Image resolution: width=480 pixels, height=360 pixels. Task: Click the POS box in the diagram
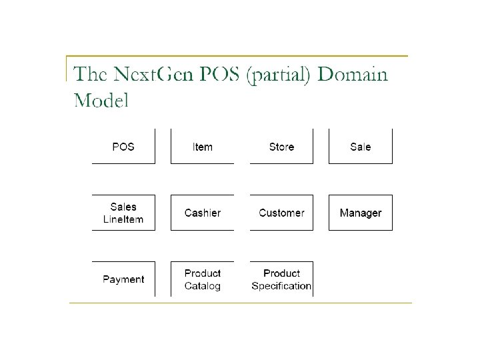(x=123, y=147)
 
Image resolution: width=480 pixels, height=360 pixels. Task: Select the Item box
(x=202, y=147)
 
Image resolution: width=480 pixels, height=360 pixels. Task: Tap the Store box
(x=281, y=147)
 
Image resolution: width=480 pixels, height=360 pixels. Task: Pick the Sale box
(x=360, y=147)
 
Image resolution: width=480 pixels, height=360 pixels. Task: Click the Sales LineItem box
(x=123, y=213)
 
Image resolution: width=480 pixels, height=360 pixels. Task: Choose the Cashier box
(x=202, y=213)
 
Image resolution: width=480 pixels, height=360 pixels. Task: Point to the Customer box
(x=281, y=213)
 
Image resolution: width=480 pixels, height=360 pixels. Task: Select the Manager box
(x=360, y=213)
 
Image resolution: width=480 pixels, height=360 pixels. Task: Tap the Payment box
(x=123, y=279)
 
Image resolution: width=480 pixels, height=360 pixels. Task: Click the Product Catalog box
(x=202, y=279)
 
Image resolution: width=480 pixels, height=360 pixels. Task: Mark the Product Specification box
(x=281, y=279)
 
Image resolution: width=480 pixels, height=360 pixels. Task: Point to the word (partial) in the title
(x=279, y=75)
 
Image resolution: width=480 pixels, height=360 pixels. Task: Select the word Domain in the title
(x=353, y=74)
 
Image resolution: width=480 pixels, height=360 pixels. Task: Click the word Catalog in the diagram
(x=202, y=286)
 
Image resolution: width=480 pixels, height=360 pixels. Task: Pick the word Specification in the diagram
(x=281, y=286)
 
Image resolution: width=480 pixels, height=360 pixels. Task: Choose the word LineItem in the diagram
(x=123, y=219)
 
